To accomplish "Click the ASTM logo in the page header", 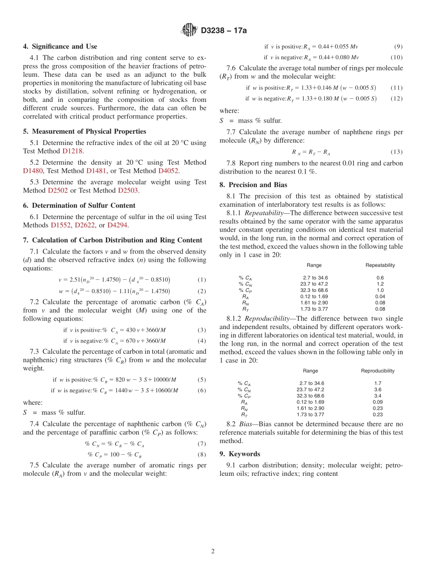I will (189, 31).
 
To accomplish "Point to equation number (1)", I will (202, 280).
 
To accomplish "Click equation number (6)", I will (202, 391).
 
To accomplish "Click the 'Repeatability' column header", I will (380, 265).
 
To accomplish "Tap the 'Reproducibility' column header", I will (378, 371).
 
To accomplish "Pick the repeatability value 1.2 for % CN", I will (380, 284).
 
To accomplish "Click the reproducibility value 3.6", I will (378, 390).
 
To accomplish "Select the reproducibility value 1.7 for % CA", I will (378, 383).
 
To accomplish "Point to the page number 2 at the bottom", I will (213, 552).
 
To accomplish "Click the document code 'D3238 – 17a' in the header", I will (224, 31).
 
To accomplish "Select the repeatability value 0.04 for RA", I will (380, 296).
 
